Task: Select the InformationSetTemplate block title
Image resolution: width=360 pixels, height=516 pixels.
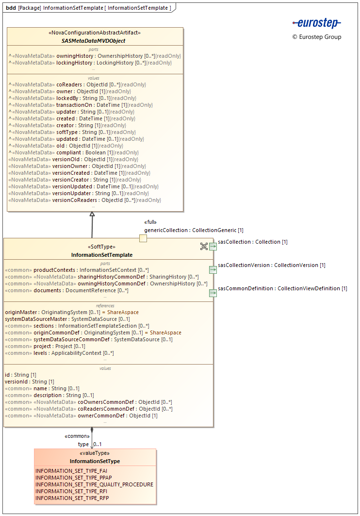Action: click(101, 255)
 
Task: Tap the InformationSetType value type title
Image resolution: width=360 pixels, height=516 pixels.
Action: click(95, 461)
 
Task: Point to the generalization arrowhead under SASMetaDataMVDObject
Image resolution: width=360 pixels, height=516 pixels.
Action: click(92, 214)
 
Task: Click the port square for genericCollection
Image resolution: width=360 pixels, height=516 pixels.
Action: click(143, 238)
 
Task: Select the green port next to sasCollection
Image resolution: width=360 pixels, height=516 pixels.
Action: click(213, 246)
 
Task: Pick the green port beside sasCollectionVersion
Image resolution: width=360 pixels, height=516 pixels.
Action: click(213, 269)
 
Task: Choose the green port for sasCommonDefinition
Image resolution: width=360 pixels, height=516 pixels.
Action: click(213, 293)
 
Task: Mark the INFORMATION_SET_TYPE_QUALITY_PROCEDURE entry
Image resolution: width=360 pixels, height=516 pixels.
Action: click(94, 484)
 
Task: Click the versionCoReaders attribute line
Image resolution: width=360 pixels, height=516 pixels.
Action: click(85, 200)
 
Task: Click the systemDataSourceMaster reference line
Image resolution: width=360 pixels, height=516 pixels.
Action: click(67, 319)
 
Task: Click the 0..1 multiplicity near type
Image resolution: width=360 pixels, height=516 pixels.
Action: click(98, 444)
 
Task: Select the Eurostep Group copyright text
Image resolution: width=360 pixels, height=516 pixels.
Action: click(317, 37)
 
